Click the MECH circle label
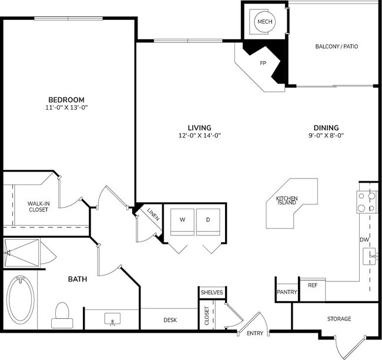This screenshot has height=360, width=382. pos(263,22)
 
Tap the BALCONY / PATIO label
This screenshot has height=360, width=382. pos(336,46)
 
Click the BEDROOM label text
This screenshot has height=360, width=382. pos(66,99)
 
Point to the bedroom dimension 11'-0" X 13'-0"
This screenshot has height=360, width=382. pos(66,107)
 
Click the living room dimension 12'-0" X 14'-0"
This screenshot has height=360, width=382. pos(199,136)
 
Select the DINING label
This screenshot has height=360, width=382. pos(326,127)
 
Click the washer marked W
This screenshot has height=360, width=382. pos(182,220)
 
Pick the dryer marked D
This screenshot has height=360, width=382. pos(207,220)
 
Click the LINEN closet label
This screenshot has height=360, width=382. pos(152,213)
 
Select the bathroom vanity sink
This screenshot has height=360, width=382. pos(112,319)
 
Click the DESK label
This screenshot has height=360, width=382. pos(170,320)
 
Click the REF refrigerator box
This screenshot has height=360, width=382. pos(312,285)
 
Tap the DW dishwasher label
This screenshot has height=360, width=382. pos(364,240)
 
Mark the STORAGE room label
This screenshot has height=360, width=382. pos(339,319)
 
